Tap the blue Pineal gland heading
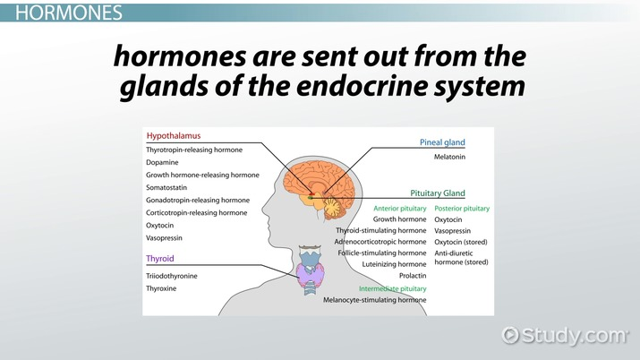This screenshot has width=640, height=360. [x=443, y=142]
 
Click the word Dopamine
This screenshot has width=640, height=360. [x=163, y=162]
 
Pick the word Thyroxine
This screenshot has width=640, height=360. [x=166, y=289]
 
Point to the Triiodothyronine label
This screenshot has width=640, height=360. [x=172, y=276]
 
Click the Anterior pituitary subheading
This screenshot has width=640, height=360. [x=398, y=208]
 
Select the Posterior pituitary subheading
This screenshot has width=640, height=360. [x=462, y=208]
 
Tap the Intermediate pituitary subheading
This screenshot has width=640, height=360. [x=392, y=289]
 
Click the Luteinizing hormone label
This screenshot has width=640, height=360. [x=394, y=264]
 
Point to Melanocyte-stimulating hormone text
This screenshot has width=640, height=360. [x=374, y=301]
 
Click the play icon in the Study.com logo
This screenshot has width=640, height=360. [x=510, y=335]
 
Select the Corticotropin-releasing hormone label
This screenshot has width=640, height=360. [x=197, y=212]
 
